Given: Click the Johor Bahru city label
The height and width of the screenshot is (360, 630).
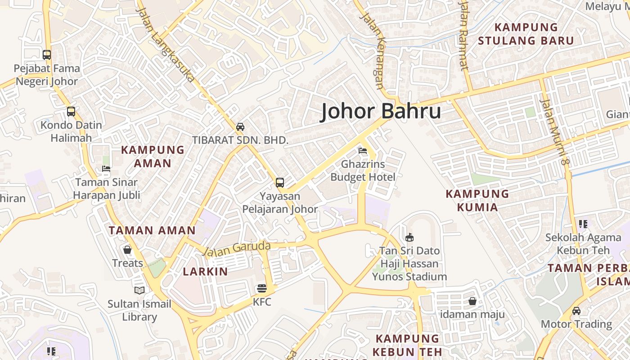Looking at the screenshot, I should (381, 112).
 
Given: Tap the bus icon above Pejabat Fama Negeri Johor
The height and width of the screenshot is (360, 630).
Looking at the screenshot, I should (47, 55).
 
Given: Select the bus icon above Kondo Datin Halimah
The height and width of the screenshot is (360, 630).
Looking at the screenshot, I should (71, 112).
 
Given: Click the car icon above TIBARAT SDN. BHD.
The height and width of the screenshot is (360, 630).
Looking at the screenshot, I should (240, 127).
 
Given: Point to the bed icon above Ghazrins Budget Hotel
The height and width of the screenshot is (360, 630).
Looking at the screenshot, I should (363, 151).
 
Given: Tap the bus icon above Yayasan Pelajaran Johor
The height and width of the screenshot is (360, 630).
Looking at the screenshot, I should (280, 183).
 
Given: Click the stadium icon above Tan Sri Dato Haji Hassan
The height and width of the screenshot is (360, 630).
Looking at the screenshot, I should (409, 237).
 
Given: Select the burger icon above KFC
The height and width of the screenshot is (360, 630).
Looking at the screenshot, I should (262, 288).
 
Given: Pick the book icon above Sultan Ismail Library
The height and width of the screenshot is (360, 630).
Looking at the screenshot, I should (139, 291).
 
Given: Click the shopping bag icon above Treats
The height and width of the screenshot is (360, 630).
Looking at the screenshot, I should (127, 250).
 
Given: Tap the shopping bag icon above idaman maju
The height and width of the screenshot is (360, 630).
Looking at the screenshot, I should (472, 301).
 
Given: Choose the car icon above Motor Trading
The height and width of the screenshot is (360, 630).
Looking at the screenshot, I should (576, 311).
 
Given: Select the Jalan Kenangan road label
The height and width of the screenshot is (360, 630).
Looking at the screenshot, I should (374, 50).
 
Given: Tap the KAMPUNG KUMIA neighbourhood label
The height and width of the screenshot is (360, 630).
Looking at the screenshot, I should (477, 200).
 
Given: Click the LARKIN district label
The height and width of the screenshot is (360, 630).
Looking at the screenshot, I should (205, 272).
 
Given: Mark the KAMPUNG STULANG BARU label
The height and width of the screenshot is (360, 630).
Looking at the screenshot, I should (526, 34).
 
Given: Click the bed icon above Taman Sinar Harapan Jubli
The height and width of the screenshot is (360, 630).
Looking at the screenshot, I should (106, 169).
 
